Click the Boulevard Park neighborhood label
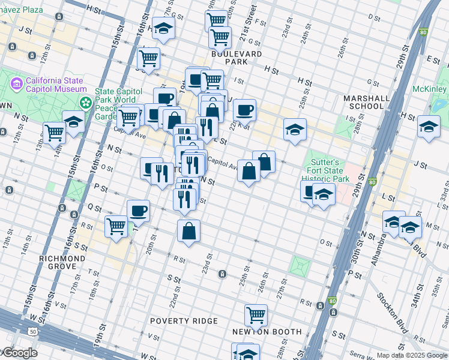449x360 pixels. click(244, 57)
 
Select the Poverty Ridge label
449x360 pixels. click(184, 321)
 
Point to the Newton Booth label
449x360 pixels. click(267, 332)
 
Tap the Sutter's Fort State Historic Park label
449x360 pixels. click(325, 171)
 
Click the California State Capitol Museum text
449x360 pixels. click(56, 85)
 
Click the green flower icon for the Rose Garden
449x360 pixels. click(86, 103)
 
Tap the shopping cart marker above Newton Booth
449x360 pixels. click(256, 314)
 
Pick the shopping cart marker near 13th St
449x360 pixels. click(54, 132)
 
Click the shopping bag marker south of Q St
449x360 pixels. click(188, 230)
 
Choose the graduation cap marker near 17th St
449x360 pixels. click(162, 28)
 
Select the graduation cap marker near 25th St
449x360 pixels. click(294, 130)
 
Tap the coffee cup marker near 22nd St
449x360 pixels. click(244, 110)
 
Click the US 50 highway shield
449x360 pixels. click(32, 331)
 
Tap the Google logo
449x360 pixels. click(20, 353)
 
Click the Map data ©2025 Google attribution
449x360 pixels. click(411, 355)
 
